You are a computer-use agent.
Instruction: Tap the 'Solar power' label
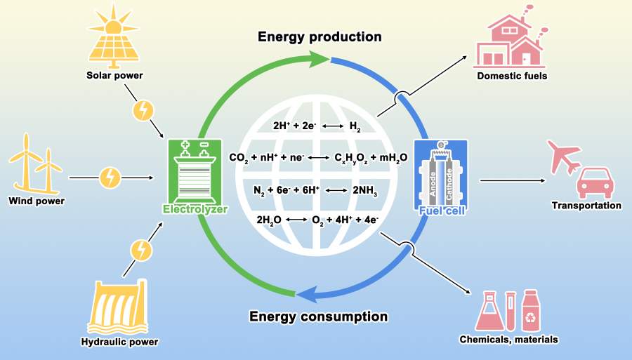(x=114, y=75)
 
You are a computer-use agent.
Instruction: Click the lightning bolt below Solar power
(x=143, y=109)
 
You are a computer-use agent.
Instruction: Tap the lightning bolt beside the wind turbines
(x=110, y=177)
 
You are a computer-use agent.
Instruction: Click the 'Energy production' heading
(x=320, y=36)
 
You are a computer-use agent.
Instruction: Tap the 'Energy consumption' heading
(x=318, y=316)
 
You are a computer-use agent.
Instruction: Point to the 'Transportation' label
(x=586, y=206)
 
